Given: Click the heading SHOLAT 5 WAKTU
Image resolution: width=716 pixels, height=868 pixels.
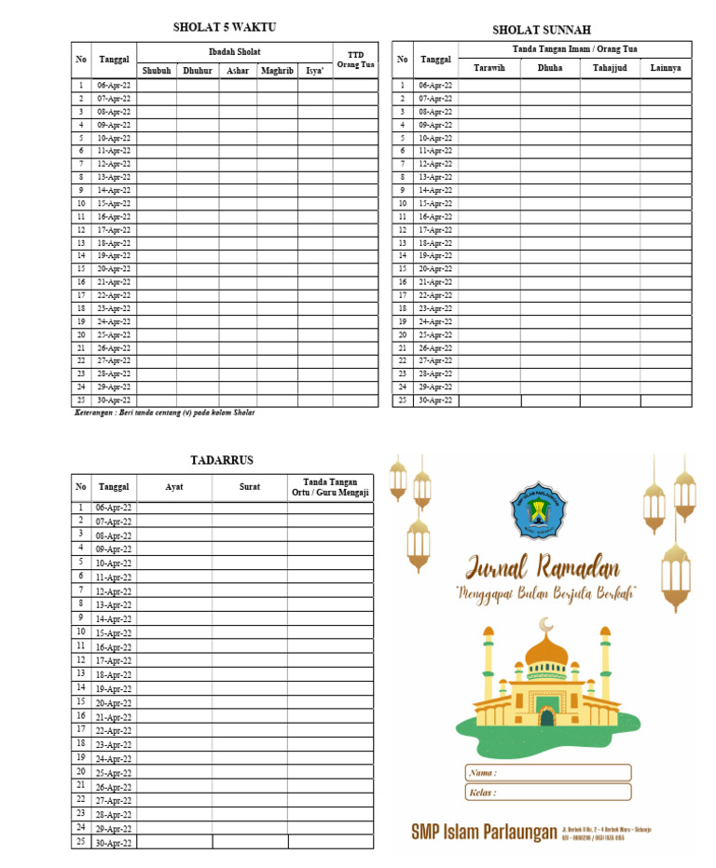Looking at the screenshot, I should click(225, 27).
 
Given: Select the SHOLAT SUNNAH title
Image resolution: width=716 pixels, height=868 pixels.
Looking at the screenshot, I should click(542, 31).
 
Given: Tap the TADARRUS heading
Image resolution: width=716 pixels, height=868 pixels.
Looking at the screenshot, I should click(222, 460).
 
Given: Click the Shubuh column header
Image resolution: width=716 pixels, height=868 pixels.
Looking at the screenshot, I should click(157, 71).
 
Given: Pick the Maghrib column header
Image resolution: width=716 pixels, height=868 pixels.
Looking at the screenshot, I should click(277, 71).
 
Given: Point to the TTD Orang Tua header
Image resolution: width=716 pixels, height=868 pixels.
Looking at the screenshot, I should click(355, 60).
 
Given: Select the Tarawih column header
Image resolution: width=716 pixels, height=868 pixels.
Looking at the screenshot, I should click(489, 68).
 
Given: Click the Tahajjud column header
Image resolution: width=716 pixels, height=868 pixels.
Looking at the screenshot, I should click(610, 68).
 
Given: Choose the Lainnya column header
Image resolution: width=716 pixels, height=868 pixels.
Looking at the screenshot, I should click(666, 68).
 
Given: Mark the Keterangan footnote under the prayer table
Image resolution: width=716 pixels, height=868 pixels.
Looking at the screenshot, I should click(164, 413).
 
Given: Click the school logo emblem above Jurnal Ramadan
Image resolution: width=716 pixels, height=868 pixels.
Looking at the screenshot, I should click(536, 510).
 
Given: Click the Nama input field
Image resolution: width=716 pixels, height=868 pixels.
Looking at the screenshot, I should click(547, 772).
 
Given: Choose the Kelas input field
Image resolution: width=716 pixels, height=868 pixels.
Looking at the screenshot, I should click(547, 793).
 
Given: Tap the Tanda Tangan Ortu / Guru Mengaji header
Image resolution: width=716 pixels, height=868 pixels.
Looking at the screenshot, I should click(330, 487).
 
